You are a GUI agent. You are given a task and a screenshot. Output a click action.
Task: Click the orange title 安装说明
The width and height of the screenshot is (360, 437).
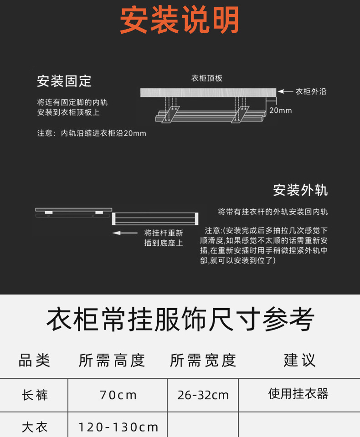(x=180, y=20)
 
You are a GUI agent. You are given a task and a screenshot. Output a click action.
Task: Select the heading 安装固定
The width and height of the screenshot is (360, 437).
(x=64, y=81)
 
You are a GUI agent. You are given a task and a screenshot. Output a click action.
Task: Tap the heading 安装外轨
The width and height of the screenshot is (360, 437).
(x=300, y=190)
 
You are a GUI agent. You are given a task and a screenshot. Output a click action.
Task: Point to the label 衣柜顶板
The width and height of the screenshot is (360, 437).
(x=207, y=78)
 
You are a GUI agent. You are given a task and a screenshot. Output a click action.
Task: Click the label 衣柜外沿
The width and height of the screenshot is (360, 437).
(x=311, y=91)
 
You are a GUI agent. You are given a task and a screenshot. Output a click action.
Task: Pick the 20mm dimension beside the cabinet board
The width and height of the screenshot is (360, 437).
(x=280, y=110)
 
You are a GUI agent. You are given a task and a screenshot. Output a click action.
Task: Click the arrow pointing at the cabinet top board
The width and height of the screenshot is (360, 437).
(x=285, y=91)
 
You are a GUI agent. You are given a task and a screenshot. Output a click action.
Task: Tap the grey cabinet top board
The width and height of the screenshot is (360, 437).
(x=208, y=92)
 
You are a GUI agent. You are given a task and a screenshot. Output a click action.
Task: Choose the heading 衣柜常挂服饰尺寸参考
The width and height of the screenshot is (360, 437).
(x=180, y=320)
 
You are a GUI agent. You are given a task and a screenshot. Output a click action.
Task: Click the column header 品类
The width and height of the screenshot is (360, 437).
(x=34, y=361)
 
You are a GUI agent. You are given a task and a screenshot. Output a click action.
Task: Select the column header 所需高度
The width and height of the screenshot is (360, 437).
(x=112, y=361)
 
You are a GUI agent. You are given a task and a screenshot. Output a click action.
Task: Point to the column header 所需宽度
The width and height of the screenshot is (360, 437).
(x=203, y=361)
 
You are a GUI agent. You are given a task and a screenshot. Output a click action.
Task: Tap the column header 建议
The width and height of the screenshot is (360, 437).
(x=299, y=361)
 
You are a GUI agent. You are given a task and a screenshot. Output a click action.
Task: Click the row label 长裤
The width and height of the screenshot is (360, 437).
(x=34, y=395)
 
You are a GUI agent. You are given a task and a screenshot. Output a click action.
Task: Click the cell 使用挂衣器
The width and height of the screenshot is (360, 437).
(x=298, y=394)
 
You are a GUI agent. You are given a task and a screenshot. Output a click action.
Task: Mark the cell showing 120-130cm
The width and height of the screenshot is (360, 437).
(x=118, y=427)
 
